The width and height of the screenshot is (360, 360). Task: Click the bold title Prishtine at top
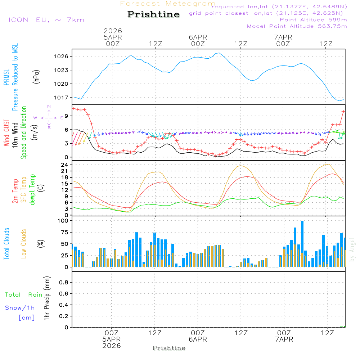(153, 14)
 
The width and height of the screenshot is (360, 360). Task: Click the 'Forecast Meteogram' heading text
(168, 4)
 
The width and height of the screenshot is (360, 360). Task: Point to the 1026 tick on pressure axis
(62, 56)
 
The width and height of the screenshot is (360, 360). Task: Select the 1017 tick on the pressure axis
(62, 98)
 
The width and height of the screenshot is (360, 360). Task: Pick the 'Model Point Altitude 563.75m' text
(297, 26)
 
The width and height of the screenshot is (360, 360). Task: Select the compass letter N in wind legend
(49, 107)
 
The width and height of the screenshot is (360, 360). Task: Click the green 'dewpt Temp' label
(33, 189)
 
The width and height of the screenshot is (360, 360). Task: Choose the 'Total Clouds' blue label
(6, 243)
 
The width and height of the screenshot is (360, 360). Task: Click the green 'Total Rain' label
(24, 294)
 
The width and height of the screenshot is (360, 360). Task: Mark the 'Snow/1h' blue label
(20, 308)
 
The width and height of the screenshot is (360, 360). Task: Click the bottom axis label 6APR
(198, 339)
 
